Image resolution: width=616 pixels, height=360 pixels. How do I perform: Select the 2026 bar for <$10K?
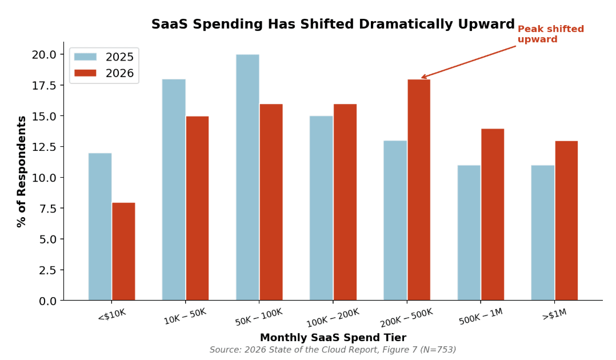[123, 251]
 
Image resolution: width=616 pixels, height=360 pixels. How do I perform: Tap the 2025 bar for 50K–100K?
[247, 177]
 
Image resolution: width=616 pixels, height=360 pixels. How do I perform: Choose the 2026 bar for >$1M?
[566, 221]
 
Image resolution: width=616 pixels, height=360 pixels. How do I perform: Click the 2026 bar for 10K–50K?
[197, 208]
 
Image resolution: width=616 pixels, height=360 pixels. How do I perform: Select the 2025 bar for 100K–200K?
[321, 208]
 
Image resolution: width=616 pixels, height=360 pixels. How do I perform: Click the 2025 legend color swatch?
[86, 57]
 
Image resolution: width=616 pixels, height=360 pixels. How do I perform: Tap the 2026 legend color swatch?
[86, 73]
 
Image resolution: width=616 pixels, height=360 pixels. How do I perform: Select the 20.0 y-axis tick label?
[44, 55]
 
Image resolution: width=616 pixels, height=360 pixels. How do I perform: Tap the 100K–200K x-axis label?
[333, 317]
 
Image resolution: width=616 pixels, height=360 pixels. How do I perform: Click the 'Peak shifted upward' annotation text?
[550, 34]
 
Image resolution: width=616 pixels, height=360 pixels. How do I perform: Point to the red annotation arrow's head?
[422, 77]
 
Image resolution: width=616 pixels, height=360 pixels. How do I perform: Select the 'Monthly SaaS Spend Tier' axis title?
[333, 338]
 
